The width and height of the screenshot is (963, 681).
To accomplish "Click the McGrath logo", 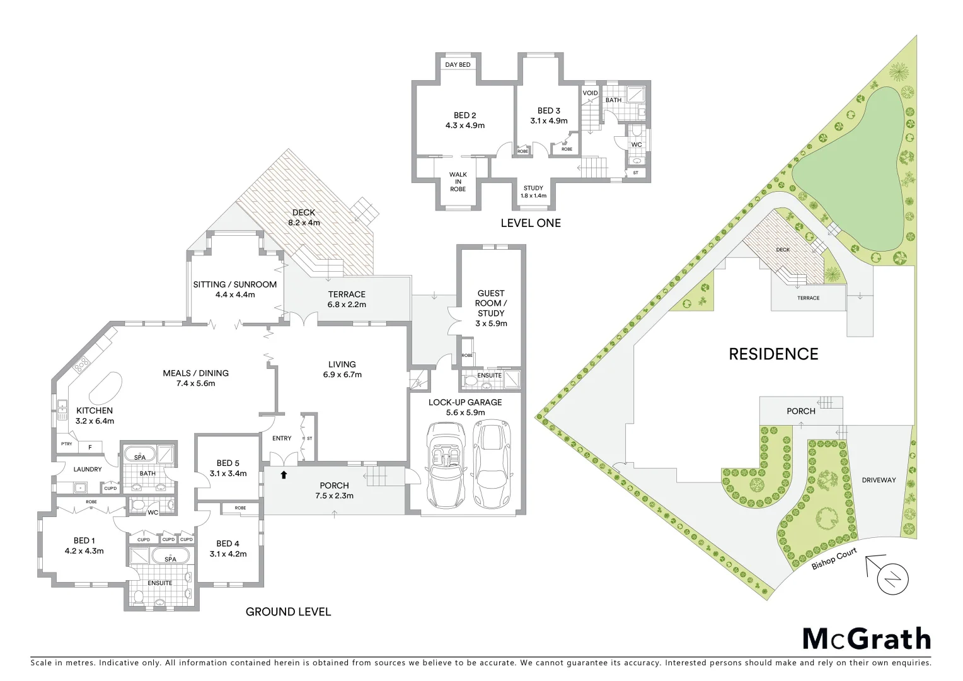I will click(866, 639).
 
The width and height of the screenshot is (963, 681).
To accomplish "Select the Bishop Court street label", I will click(834, 558).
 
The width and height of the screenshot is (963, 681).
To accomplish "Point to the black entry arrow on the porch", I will click(284, 475).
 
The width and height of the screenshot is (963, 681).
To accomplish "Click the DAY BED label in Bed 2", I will click(458, 64).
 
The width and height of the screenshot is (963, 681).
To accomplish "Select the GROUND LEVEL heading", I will click(288, 611).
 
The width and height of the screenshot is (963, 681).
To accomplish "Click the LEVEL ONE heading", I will click(530, 223).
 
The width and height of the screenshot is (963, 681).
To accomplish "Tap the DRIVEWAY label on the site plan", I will click(879, 480).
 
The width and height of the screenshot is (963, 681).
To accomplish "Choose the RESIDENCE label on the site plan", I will click(773, 354).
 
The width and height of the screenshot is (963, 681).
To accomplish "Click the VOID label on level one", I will click(590, 93).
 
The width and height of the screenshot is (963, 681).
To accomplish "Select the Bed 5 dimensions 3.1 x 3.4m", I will click(228, 474).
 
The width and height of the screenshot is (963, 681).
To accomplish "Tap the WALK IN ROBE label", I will click(458, 182).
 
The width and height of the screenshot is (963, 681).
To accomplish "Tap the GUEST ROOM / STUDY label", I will click(490, 308).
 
